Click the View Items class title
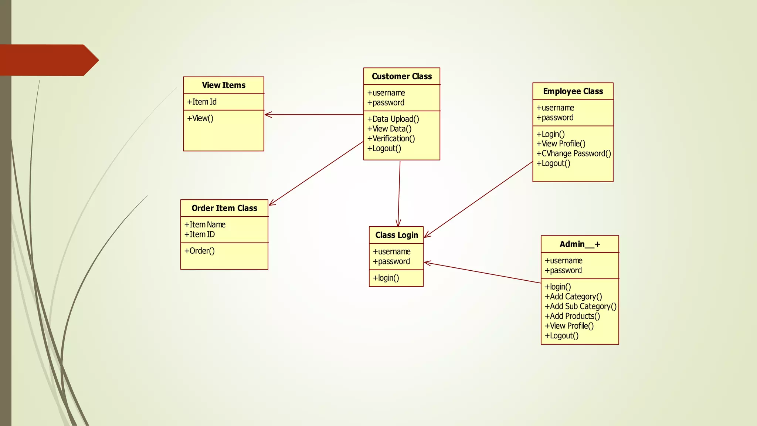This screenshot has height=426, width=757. (x=224, y=85)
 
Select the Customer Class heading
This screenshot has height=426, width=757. (x=402, y=77)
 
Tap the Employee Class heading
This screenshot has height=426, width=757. (x=573, y=91)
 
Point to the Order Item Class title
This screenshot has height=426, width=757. (x=224, y=208)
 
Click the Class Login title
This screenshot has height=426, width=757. (x=397, y=235)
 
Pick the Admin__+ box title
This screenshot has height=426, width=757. (x=580, y=244)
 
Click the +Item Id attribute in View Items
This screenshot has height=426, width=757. (x=202, y=102)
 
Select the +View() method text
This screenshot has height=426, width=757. (x=200, y=118)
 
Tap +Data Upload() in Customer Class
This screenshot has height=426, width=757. (x=393, y=119)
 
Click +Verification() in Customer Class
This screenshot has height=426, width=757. (x=391, y=139)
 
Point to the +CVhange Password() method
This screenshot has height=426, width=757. (x=574, y=153)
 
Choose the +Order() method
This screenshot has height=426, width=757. (x=200, y=251)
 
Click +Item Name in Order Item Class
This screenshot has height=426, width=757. (x=205, y=224)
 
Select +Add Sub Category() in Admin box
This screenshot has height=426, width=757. (x=580, y=306)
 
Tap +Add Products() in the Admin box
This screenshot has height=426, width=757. (x=572, y=316)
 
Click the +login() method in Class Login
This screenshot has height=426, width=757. (x=386, y=278)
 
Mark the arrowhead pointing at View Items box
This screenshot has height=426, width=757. (x=268, y=115)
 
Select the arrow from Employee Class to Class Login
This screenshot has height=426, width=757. (x=479, y=200)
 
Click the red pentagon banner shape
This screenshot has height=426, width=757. (x=48, y=60)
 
